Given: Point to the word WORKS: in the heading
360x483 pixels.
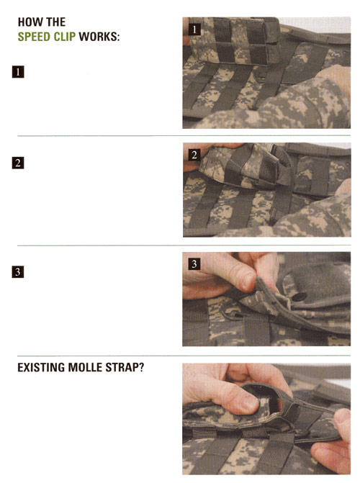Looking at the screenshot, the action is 99,37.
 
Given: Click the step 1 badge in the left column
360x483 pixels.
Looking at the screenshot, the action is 18,72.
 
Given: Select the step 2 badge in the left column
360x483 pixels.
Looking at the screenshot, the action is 18,163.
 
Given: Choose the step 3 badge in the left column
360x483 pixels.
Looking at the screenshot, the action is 18,272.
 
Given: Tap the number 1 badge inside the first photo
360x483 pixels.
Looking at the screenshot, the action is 194,30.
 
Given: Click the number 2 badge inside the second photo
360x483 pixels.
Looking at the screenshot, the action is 194,155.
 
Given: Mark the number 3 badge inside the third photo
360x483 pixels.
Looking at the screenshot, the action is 194,264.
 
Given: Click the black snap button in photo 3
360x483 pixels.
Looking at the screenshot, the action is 300,297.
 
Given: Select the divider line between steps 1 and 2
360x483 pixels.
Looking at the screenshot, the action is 184,135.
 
